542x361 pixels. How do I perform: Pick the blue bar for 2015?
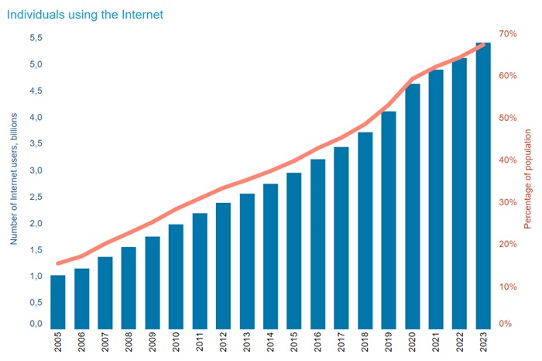point(294,249)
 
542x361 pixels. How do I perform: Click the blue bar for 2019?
point(389,219)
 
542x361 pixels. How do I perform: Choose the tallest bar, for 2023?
point(483,184)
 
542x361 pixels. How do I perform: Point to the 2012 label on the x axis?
point(224,344)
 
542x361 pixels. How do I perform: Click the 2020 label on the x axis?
point(413,344)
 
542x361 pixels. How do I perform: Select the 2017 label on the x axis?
point(342,344)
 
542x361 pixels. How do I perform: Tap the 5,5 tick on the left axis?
point(36,38)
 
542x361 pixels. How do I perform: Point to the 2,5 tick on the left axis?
point(36,197)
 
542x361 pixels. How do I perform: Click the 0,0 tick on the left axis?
point(36,324)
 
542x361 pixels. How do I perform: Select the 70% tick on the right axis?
point(508,34)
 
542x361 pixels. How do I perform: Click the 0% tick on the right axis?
point(505,324)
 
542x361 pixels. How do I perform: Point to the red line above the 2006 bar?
point(82,256)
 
